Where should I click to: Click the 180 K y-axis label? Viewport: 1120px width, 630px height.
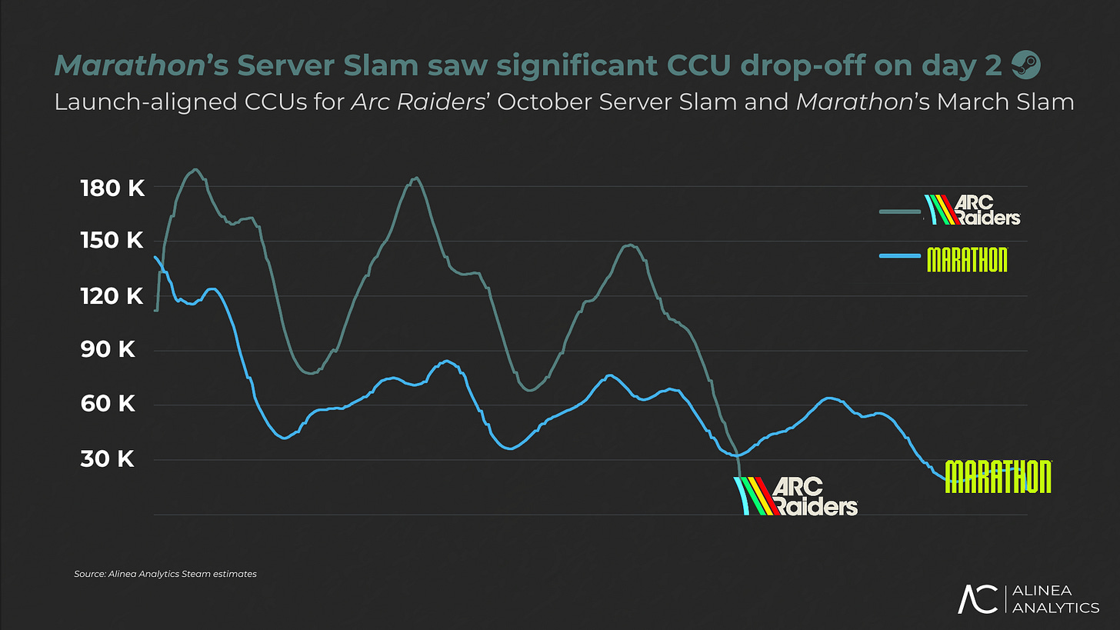[x=112, y=189]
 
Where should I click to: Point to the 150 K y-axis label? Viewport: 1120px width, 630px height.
[x=112, y=241]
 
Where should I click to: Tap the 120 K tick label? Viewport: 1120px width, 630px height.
[x=112, y=296]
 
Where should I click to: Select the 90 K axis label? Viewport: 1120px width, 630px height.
[x=108, y=349]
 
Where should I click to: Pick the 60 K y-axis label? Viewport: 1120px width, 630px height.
[x=108, y=404]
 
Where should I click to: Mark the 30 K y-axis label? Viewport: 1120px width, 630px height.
[x=108, y=458]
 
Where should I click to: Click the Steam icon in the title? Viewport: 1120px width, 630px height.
[x=1026, y=65]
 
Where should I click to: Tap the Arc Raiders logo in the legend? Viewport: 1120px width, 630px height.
[x=972, y=209]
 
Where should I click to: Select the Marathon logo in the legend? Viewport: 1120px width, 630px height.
[x=968, y=259]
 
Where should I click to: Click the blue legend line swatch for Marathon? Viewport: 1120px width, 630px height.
[x=900, y=256]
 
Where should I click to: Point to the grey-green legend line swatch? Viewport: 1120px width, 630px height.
[x=900, y=212]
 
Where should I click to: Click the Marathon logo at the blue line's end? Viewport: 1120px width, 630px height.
[x=998, y=477]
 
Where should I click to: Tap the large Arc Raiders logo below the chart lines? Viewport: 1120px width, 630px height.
[x=796, y=496]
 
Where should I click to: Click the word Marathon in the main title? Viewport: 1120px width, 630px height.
[x=130, y=65]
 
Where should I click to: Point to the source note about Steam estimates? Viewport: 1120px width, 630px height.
[x=165, y=574]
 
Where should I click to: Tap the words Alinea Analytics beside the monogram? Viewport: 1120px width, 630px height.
[x=1055, y=599]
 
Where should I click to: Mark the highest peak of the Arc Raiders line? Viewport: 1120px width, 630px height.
[x=195, y=169]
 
